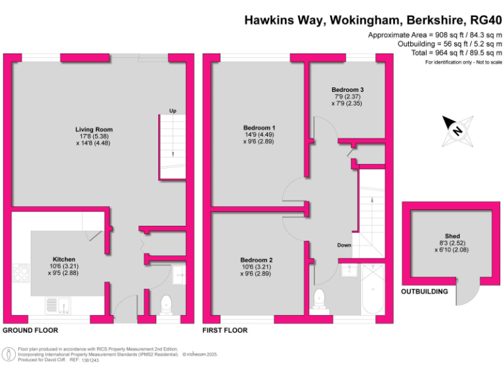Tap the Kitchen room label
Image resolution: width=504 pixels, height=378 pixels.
point(64,260)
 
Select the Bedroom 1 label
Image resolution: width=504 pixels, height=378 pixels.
point(259,127)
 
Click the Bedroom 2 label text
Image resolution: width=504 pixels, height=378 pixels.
point(256,260)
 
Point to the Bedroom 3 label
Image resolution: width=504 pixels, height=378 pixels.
point(347,90)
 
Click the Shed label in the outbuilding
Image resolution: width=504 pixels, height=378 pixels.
point(452,236)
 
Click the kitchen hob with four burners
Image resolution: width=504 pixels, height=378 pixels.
point(20,272)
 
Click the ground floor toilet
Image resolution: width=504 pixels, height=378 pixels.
point(166,304)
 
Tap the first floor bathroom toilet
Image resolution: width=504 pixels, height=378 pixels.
point(320,299)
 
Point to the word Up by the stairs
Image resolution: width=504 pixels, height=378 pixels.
point(173,111)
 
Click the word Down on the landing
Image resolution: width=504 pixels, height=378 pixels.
point(345,245)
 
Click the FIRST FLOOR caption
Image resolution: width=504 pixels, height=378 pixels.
point(225,330)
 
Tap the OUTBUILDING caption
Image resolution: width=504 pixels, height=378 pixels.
point(425,291)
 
